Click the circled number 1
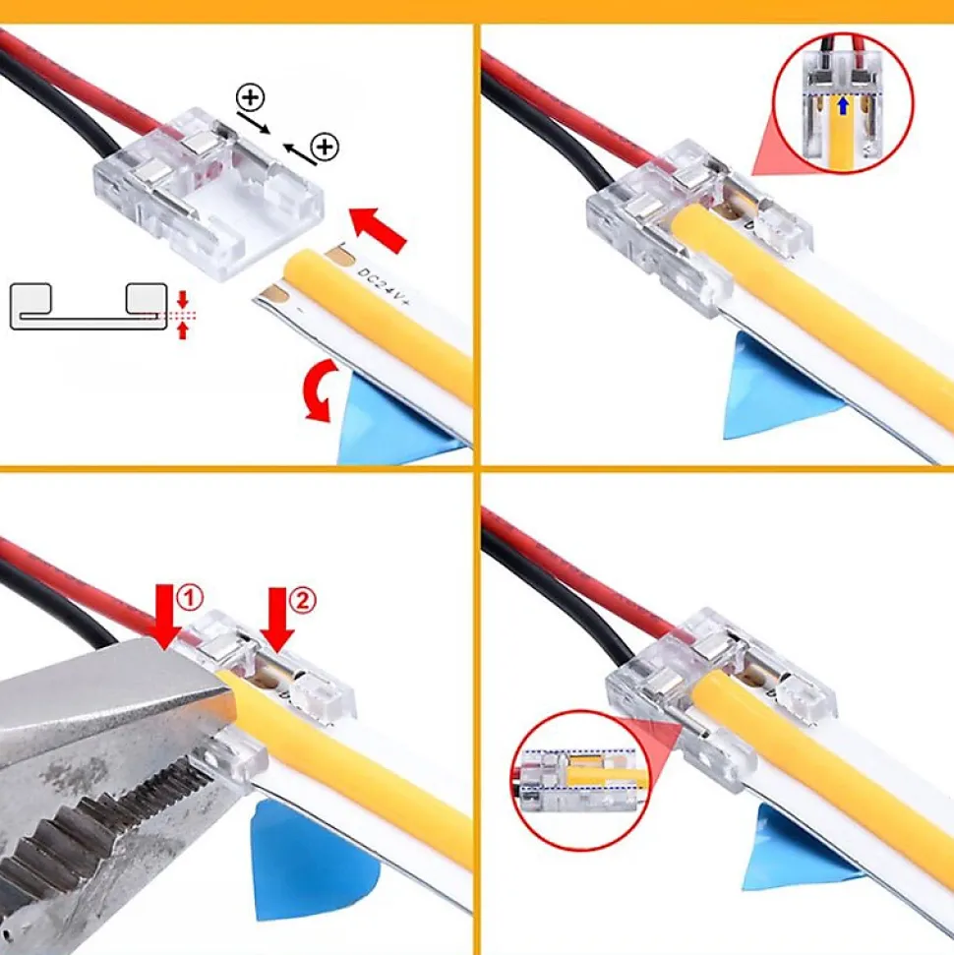pyautogui.click(x=190, y=597)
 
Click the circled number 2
pyautogui.click(x=302, y=601)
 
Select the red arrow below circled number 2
pyautogui.click(x=277, y=620)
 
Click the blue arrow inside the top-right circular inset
pyautogui.click(x=843, y=105)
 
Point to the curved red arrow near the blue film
pyautogui.click(x=319, y=390)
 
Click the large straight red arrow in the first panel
pyautogui.click(x=377, y=228)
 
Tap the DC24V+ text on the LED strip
pyautogui.click(x=384, y=285)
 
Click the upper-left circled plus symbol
pyautogui.click(x=250, y=98)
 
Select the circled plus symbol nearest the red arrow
pyautogui.click(x=325, y=147)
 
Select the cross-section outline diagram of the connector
pyautogui.click(x=89, y=306)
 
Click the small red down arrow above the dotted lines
pyautogui.click(x=182, y=300)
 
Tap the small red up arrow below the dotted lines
pyautogui.click(x=182, y=330)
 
